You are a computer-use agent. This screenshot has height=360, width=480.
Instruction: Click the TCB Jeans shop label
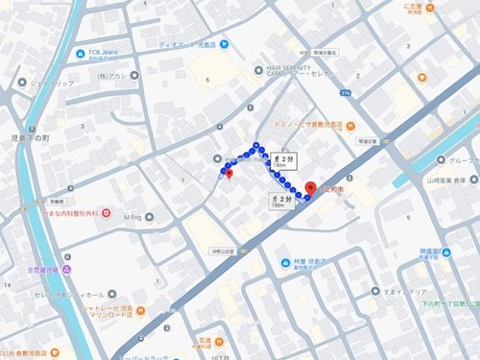[105, 51]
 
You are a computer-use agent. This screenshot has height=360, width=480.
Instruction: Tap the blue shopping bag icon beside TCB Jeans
[80, 53]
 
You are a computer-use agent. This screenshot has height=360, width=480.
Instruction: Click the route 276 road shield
[345, 91]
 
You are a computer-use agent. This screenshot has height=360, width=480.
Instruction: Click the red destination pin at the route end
[310, 189]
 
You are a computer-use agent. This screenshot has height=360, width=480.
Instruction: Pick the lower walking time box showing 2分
[278, 202]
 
